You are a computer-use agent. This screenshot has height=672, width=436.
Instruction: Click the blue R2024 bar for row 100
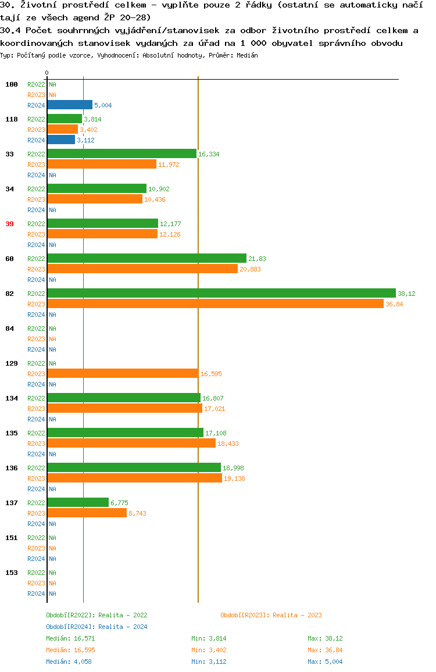pos(70,105)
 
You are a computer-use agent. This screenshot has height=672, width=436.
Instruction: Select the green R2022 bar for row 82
pos(221,294)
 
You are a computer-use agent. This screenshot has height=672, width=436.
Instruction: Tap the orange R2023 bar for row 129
pos(123,374)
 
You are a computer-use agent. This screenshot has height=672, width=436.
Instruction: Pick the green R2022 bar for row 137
pos(78,503)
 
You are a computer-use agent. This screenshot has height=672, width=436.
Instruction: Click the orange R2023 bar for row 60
pos(142,269)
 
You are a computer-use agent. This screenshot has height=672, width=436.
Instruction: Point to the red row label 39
pos(9,224)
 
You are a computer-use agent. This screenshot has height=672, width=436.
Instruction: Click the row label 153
pos(12,573)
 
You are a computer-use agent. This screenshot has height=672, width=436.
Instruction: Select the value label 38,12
pos(406,294)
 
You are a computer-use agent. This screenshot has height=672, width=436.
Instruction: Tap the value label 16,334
pos(208,154)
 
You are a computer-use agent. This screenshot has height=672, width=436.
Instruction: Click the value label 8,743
pos(138,513)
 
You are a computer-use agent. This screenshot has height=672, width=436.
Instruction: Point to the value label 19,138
pos(234,478)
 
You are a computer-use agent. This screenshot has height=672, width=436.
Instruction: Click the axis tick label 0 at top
pos(47,73)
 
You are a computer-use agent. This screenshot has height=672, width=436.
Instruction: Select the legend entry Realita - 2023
pos(271,615)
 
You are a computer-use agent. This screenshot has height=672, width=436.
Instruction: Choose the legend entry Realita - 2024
pos(97,627)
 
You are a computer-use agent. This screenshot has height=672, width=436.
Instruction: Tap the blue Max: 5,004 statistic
pos(325,662)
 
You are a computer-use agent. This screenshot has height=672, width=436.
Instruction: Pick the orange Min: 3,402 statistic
pos(209,650)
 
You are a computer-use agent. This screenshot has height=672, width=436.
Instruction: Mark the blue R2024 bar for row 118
pos(61,140)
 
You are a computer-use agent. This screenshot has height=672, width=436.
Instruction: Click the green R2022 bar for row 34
pos(97,189)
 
